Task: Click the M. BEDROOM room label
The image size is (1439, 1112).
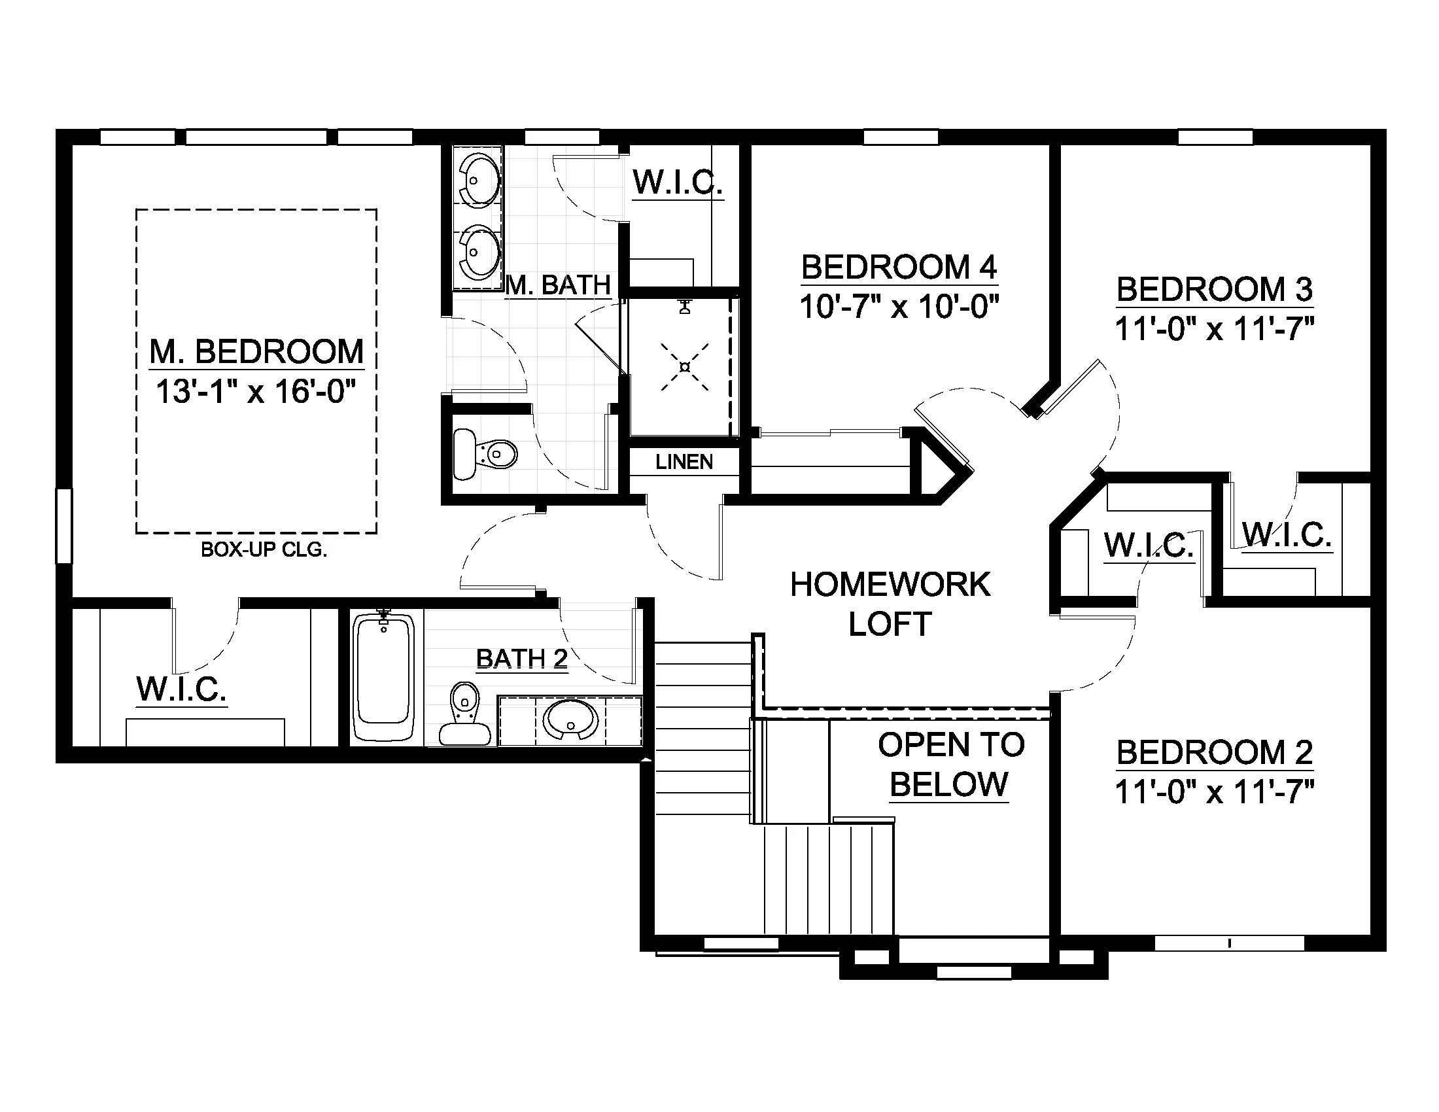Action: pyautogui.click(x=256, y=352)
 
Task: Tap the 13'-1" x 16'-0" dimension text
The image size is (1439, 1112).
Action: pyautogui.click(x=256, y=392)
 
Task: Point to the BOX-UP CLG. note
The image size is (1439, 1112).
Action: pyautogui.click(x=264, y=550)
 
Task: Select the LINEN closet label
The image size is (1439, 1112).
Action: pyautogui.click(x=684, y=462)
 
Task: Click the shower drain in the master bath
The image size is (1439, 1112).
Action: pyautogui.click(x=685, y=367)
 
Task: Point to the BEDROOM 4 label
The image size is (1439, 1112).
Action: pyautogui.click(x=899, y=268)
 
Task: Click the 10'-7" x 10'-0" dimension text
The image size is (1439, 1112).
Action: pyautogui.click(x=899, y=306)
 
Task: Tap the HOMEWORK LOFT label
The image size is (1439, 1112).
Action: pyautogui.click(x=890, y=604)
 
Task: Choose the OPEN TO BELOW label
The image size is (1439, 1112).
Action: pyautogui.click(x=951, y=764)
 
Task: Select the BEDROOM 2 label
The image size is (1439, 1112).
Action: pyautogui.click(x=1215, y=752)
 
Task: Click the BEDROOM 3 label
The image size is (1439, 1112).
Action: pyautogui.click(x=1215, y=290)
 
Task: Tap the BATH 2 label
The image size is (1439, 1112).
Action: pyautogui.click(x=522, y=659)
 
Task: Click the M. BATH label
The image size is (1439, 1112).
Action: pyautogui.click(x=559, y=285)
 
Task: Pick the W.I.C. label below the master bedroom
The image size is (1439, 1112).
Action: pyautogui.click(x=182, y=689)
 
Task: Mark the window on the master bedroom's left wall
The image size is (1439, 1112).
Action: pyautogui.click(x=64, y=526)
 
